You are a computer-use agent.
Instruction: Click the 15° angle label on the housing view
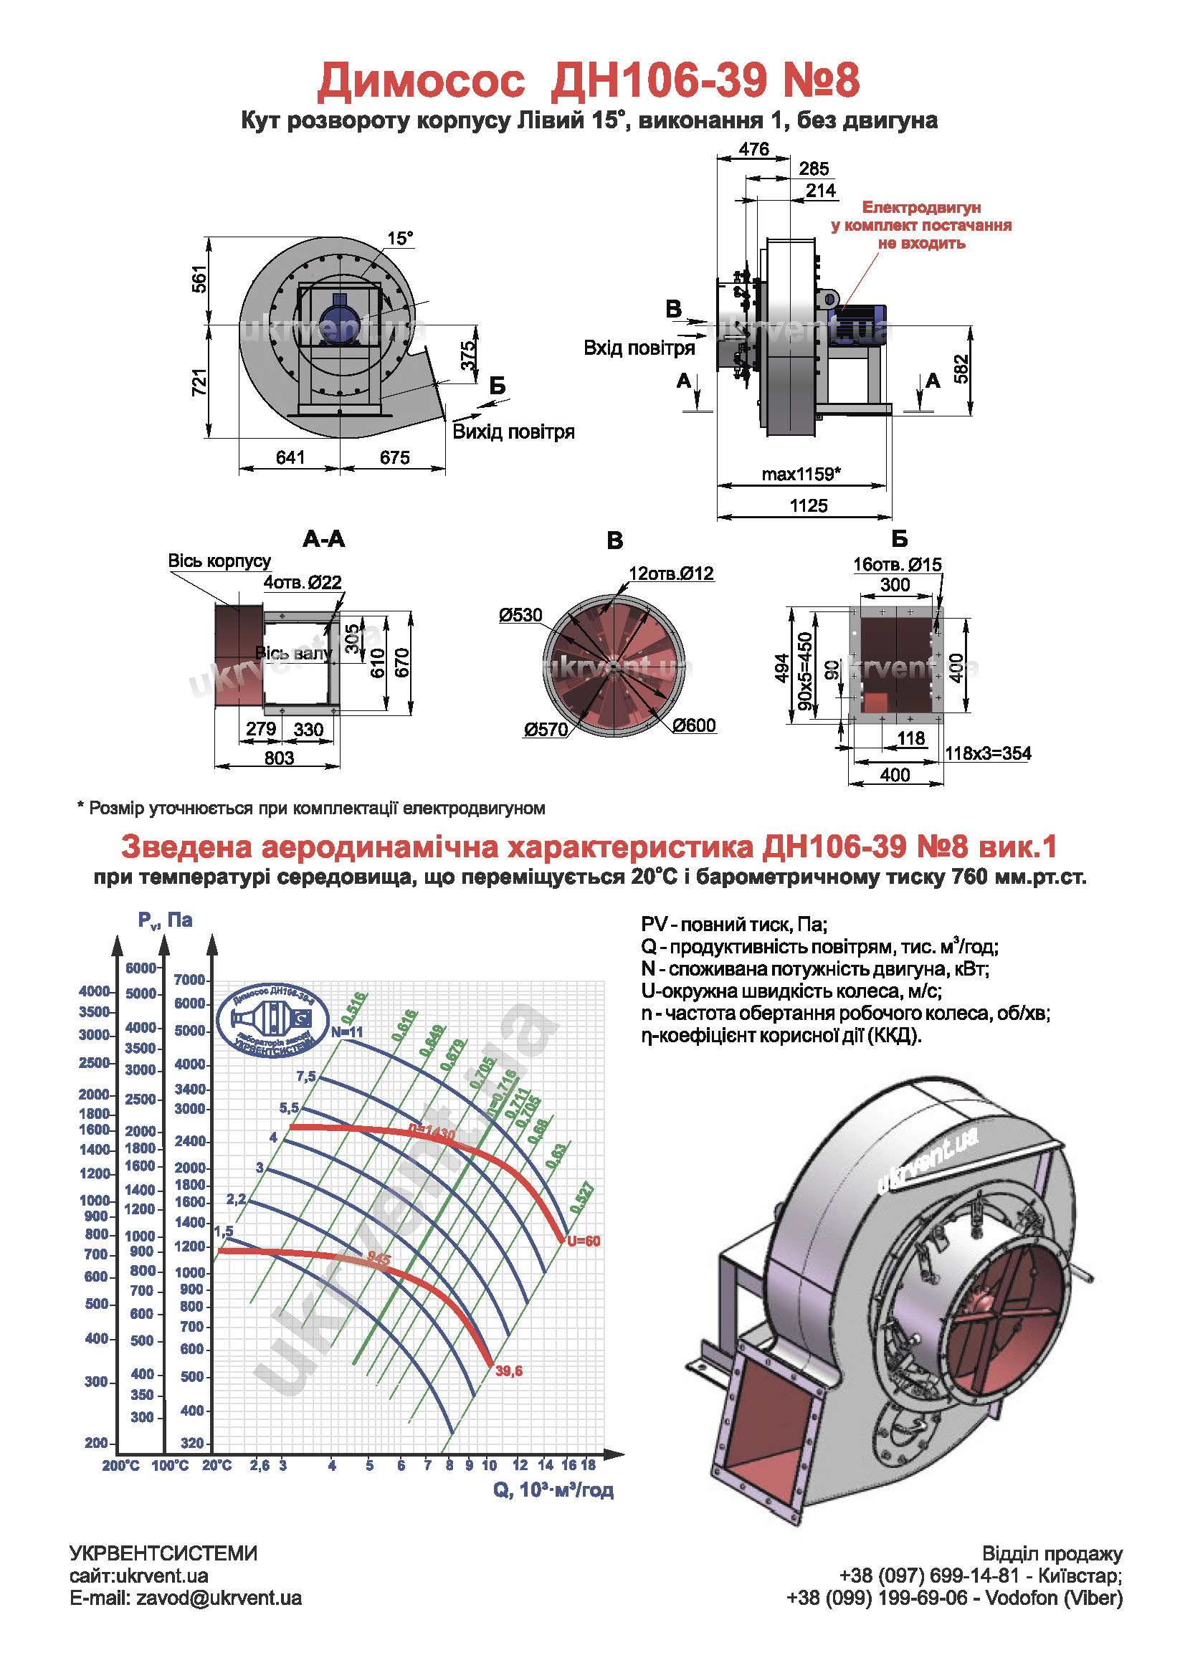point(399,238)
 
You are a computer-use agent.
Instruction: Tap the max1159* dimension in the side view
point(801,475)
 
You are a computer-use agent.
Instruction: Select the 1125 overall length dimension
point(808,505)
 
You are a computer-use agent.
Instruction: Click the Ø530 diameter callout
point(520,615)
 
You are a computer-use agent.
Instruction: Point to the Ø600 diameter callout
point(694,725)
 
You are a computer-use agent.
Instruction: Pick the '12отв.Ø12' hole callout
point(672,573)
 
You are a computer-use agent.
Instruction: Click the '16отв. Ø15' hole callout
point(897,564)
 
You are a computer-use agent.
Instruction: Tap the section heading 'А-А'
point(324,539)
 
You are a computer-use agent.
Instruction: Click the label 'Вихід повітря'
point(513,432)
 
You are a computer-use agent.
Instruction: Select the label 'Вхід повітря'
point(639,348)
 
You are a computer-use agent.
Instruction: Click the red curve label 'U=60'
point(584,1241)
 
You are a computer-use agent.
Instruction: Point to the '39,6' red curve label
point(508,1371)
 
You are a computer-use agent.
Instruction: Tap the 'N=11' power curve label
point(346,1031)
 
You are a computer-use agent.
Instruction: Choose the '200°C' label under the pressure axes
point(120,1465)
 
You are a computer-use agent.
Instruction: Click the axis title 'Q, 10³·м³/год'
point(553,1490)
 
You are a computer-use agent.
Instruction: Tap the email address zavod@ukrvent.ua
point(219,1598)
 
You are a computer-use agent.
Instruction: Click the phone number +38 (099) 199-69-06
point(877,1598)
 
